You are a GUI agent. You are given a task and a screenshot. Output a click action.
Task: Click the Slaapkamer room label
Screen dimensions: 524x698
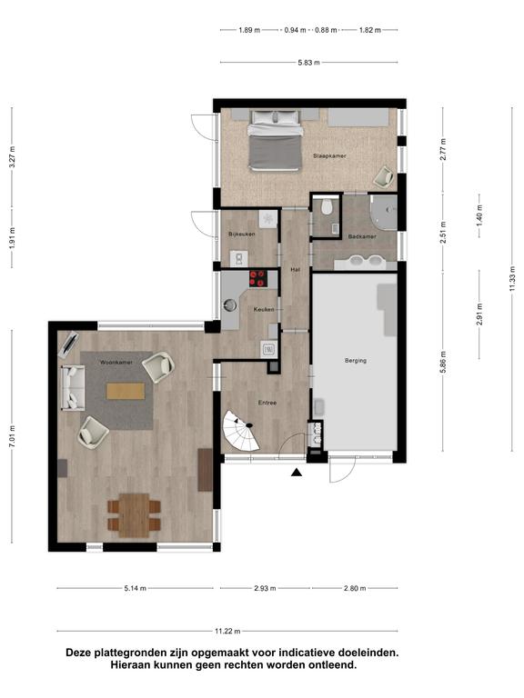coord(329,156)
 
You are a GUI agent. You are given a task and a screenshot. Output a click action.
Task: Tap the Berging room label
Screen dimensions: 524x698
coord(356,361)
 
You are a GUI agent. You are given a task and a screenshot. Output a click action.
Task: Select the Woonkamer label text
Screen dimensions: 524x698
coord(116,363)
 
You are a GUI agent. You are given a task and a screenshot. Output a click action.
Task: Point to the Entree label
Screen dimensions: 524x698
coord(267,403)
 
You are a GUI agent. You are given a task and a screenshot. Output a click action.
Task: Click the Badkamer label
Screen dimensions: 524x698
coord(362,237)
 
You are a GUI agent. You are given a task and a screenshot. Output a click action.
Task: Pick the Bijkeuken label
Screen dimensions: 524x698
coord(241,234)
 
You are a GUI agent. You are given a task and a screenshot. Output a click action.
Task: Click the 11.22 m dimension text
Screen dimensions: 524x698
coord(227,631)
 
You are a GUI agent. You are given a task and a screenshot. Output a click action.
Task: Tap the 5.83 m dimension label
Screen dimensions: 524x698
coord(308,63)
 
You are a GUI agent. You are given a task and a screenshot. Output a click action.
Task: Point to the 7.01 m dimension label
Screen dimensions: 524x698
coord(12,436)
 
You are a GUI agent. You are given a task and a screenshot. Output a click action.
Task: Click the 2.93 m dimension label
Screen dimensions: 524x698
coord(265,588)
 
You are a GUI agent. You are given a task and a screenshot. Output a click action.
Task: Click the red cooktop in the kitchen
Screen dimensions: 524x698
coord(258,279)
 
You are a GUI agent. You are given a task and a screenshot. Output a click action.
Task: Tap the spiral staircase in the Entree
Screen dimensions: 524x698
coord(241,431)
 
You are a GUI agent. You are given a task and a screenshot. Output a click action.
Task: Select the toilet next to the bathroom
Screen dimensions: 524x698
coord(327,207)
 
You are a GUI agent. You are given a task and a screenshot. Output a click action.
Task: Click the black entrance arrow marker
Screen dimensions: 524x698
coord(297,473)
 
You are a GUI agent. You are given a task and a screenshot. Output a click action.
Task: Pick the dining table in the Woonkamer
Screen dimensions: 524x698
coord(134,514)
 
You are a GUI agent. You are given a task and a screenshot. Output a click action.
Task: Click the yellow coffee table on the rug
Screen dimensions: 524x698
coord(126,392)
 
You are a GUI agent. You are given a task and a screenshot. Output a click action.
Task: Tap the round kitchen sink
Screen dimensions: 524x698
coord(230,305)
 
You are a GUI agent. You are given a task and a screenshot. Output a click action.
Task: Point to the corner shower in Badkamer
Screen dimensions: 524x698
coord(383,211)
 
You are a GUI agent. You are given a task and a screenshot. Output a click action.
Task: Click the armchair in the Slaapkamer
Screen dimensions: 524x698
coord(383,176)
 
